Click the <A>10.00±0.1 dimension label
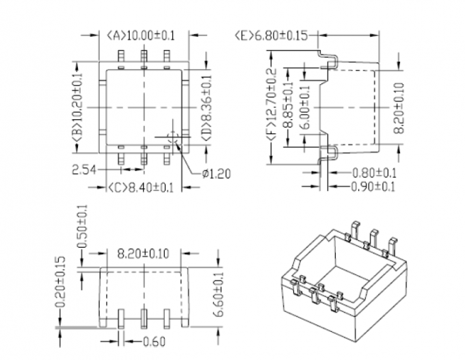coord(146,35)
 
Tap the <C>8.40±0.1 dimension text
coord(141,186)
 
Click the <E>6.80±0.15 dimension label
coord(271,35)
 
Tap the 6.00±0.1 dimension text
coord(306,107)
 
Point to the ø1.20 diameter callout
coord(215,173)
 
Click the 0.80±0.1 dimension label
coord(376,173)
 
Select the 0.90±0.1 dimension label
coord(376,186)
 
